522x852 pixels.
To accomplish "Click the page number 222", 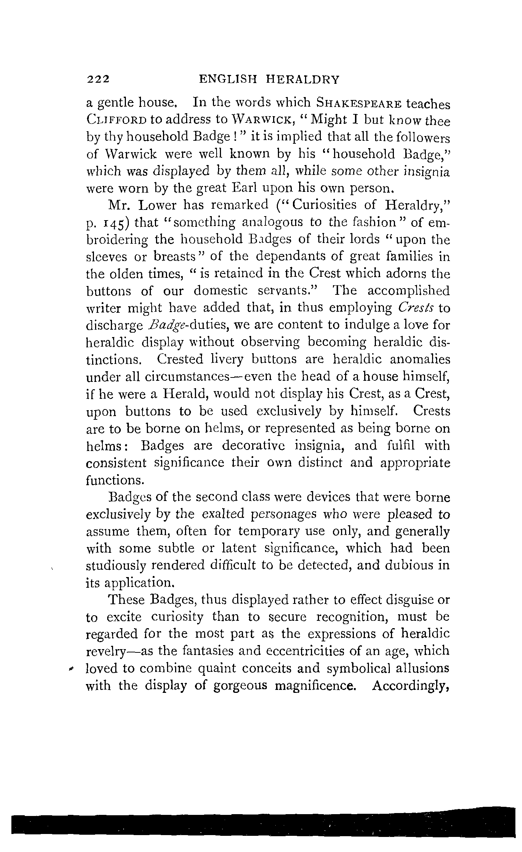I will [98, 79].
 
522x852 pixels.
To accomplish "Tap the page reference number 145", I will [115, 223].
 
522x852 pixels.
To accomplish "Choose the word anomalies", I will [420, 359].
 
